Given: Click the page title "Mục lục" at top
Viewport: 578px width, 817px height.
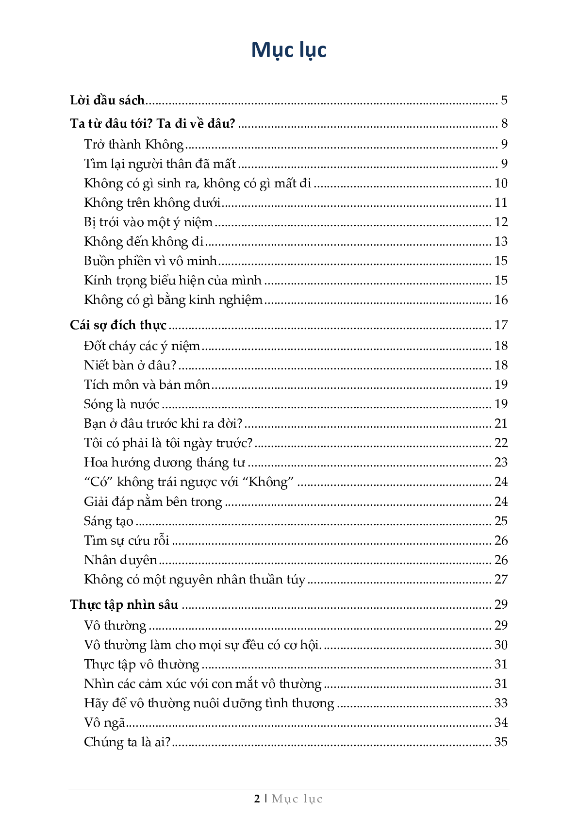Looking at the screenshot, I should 289,50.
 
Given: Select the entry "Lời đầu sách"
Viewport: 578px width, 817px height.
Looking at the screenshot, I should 107,100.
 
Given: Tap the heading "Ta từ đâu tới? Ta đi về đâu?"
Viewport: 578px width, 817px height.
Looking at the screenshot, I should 152,124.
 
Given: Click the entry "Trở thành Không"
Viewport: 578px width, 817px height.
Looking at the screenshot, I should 134,145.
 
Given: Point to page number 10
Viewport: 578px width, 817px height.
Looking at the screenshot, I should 500,183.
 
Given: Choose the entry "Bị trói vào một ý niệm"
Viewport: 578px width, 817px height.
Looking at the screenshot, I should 148,222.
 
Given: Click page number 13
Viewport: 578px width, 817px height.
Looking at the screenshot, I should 500,242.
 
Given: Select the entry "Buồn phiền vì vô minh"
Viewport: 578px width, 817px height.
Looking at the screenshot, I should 150,261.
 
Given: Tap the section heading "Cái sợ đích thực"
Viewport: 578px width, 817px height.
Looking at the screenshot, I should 118,325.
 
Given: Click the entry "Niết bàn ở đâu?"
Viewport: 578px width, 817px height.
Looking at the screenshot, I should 130,365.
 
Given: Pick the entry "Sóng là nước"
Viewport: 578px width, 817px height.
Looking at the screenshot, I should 121,404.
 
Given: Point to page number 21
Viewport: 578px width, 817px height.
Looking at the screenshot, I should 500,424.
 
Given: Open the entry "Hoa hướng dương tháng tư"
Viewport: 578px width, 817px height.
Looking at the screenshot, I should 164,463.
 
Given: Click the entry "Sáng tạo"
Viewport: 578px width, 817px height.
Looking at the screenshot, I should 108,521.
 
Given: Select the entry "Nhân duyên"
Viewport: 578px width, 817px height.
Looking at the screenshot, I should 120,560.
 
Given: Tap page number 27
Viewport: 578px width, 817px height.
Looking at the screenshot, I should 500,580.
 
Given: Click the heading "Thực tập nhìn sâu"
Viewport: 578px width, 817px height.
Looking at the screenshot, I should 124,605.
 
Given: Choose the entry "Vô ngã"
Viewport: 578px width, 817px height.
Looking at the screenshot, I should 104,723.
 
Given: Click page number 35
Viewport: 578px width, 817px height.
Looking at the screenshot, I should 500,742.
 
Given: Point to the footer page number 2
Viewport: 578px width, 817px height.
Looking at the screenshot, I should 257,799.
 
